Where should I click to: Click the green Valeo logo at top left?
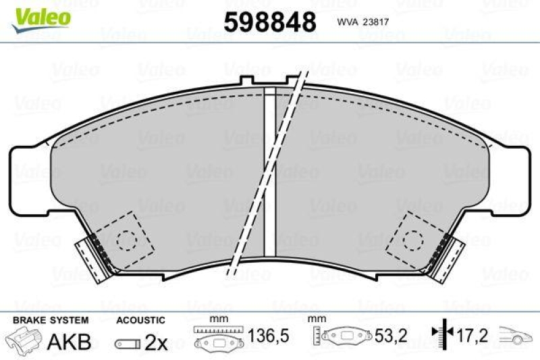point(42,15)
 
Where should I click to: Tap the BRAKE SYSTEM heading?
point(51,319)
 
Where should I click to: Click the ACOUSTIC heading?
point(140,319)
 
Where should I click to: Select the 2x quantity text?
point(156,342)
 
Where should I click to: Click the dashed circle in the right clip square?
point(412,236)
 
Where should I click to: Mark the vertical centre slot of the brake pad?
point(270,169)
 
